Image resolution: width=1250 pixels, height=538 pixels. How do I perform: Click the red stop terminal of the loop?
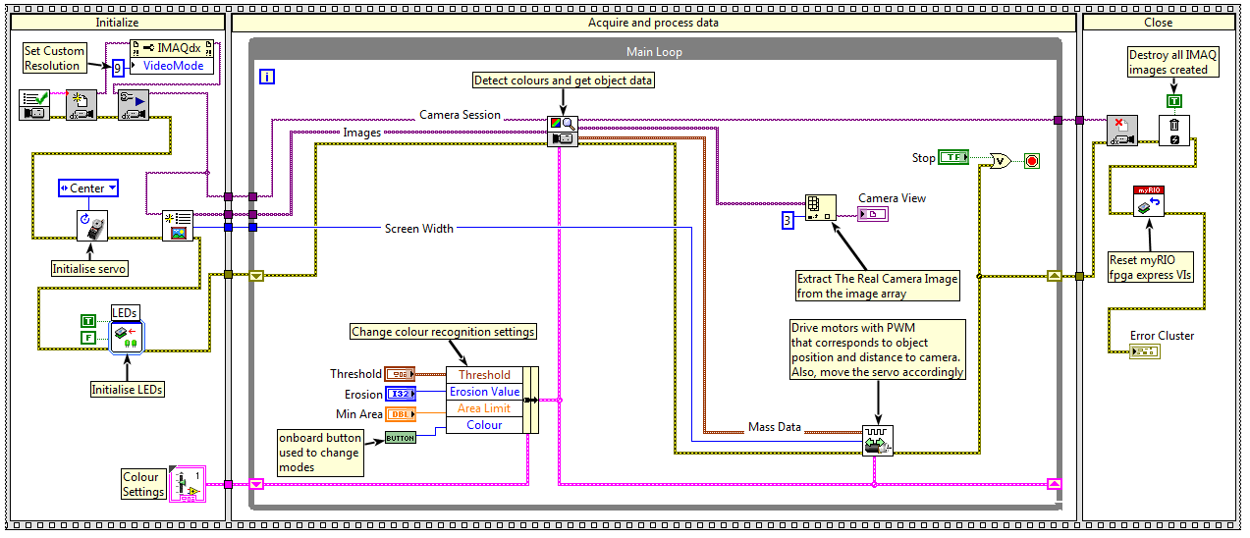click(1031, 160)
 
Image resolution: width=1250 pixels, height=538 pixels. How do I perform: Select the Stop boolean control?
click(953, 157)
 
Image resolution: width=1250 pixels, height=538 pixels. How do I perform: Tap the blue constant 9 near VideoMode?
click(118, 68)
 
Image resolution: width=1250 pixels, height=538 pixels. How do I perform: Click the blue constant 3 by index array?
click(787, 220)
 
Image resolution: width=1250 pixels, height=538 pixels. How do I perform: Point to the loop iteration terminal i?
click(267, 76)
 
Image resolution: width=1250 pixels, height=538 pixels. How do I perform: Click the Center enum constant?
click(88, 188)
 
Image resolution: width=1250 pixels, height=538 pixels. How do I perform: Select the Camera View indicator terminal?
click(872, 214)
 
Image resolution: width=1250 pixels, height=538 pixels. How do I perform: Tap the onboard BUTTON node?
click(400, 437)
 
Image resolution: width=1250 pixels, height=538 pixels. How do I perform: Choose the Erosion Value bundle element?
click(484, 392)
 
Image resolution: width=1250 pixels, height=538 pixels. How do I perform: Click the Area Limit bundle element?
click(484, 408)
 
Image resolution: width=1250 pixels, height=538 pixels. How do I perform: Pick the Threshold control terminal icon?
click(400, 374)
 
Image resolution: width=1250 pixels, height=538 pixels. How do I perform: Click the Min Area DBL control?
click(400, 414)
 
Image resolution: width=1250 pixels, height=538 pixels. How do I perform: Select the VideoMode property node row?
click(174, 66)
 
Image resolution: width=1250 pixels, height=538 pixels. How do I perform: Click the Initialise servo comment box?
click(89, 267)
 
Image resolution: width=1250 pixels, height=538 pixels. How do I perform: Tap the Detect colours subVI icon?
click(563, 131)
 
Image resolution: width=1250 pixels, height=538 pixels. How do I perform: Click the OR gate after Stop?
click(1001, 160)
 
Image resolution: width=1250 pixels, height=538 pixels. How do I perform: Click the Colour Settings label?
click(142, 484)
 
